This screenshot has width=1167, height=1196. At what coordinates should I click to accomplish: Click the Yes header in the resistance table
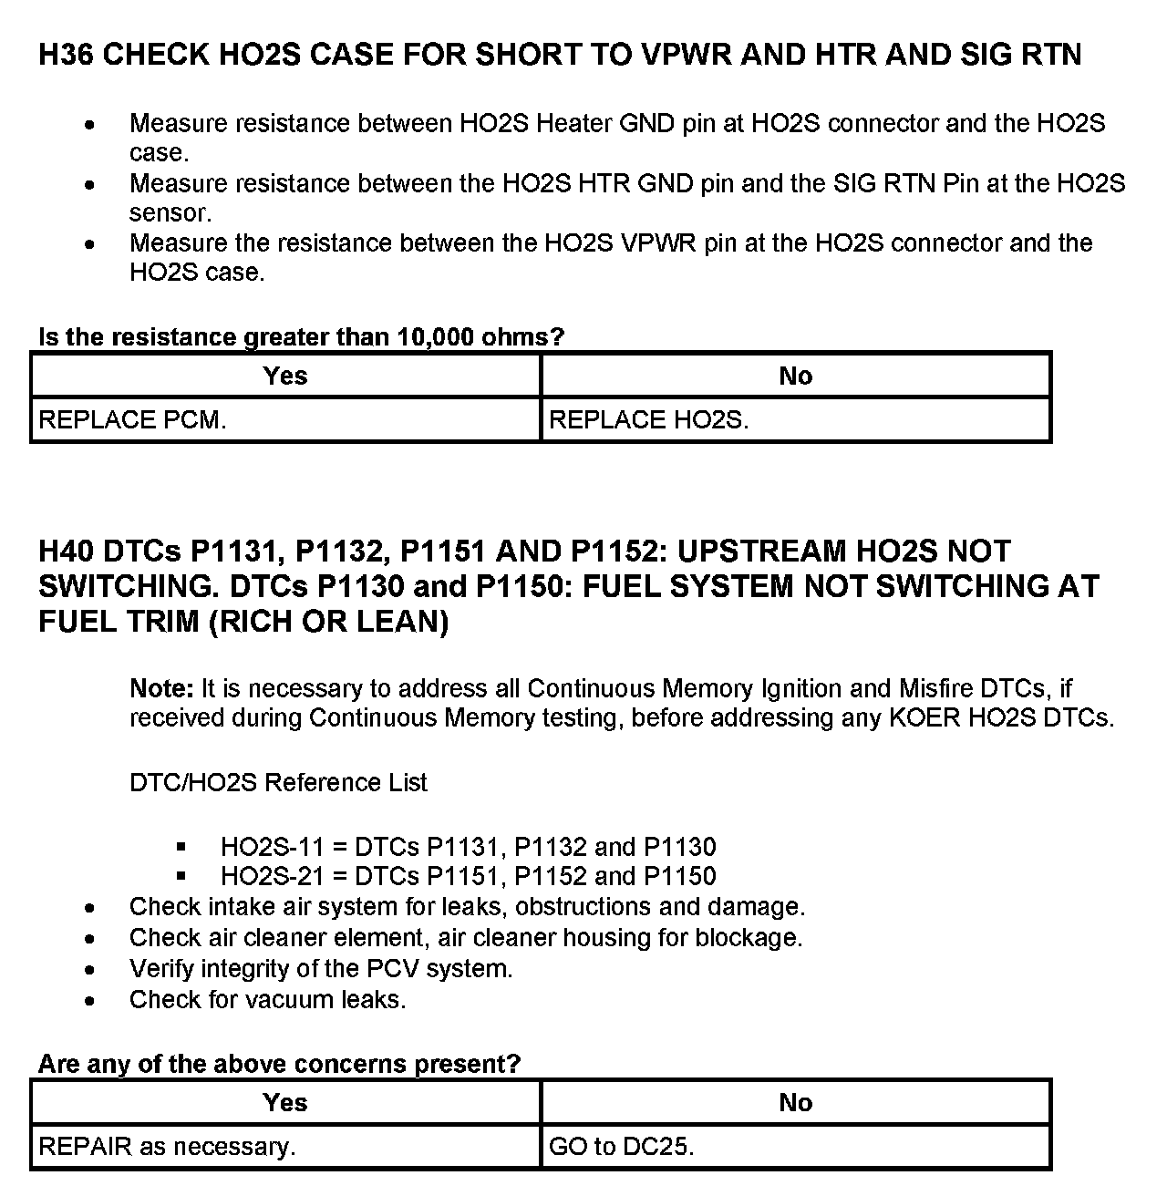point(285,376)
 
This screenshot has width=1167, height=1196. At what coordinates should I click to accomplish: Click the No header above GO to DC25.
point(795,1103)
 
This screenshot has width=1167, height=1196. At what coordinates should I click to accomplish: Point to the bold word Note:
point(161,688)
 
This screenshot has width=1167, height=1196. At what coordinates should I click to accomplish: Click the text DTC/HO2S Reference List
point(278,783)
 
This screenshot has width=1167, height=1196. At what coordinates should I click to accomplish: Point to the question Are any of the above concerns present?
point(279,1064)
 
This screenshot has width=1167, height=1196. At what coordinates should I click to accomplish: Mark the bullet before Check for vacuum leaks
point(88,1001)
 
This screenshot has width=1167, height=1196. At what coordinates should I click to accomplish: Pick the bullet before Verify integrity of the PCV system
point(88,969)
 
